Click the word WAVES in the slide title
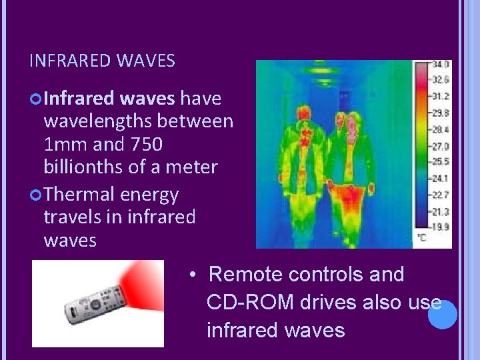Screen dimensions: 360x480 [145, 62]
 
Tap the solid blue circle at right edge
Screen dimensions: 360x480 [442, 315]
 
